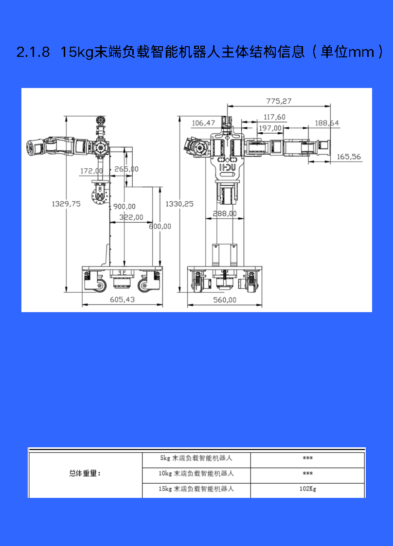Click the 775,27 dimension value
coord(279,101)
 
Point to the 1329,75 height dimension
coord(66,204)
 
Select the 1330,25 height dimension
coord(179,204)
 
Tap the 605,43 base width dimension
coord(122,299)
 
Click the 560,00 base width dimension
coord(225,300)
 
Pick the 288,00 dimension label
coord(225,213)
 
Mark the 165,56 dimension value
coord(349,157)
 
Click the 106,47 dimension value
coord(203,123)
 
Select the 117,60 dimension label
coord(274,117)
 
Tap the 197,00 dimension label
coord(270,128)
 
